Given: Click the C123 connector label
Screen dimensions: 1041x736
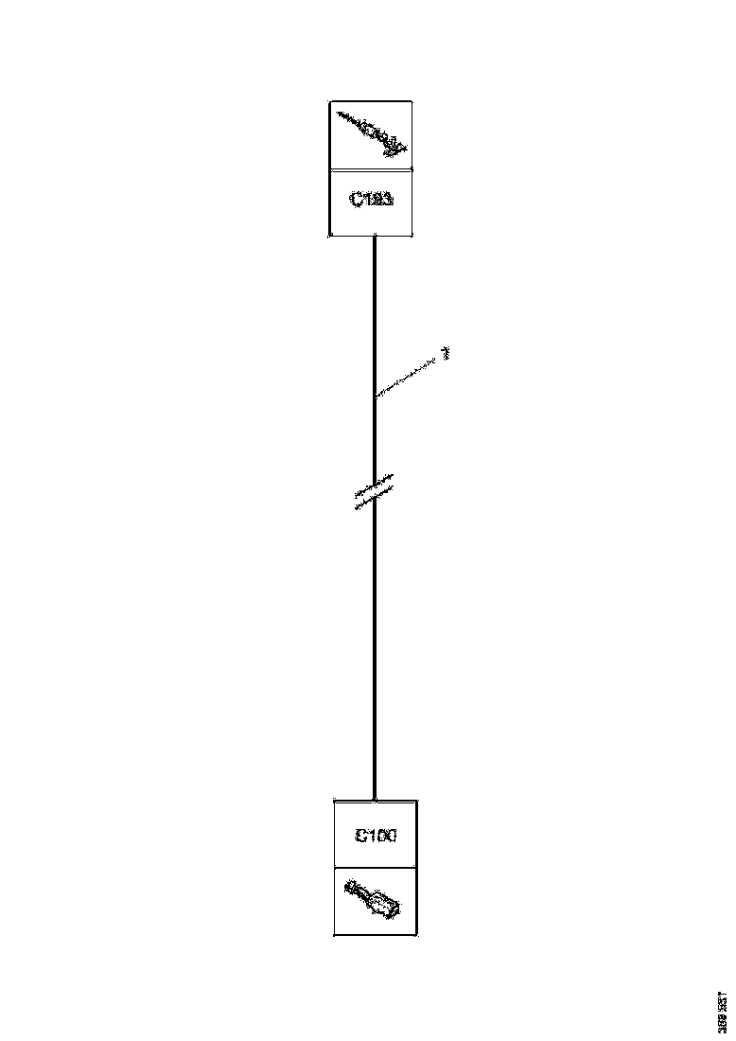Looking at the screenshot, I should [371, 202].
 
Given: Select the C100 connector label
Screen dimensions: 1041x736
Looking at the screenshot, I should [376, 836].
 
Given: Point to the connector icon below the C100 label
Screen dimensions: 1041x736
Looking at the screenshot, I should [374, 900].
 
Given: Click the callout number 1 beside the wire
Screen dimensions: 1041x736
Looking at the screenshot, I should [446, 354].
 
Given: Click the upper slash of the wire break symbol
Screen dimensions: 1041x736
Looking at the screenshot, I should [376, 485].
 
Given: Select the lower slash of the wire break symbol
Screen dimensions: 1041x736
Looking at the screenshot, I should [376, 499].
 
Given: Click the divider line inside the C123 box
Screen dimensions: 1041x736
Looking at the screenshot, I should [371, 170].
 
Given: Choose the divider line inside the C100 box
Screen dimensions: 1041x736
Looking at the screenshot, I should [376, 867].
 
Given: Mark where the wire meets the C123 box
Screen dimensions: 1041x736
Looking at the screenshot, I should [375, 236].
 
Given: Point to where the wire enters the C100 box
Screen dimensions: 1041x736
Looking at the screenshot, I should [376, 800].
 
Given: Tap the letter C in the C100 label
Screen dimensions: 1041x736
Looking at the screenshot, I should [360, 836].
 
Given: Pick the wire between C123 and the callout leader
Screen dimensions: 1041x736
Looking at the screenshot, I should [375, 312].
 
